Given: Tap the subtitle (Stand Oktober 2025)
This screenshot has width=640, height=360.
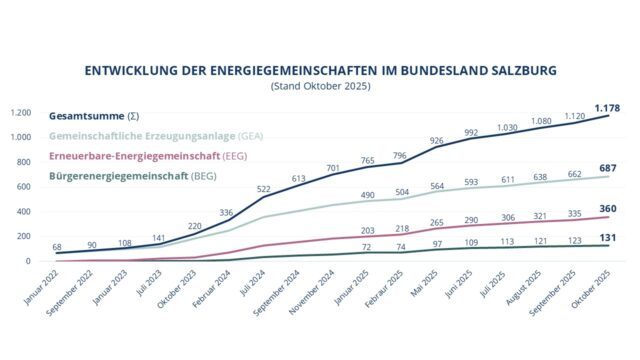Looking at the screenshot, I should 320,87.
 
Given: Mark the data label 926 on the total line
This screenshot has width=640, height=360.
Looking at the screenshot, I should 436,141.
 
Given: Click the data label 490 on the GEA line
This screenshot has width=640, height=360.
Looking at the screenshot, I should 368,195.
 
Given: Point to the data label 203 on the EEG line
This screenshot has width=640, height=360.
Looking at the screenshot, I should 368,230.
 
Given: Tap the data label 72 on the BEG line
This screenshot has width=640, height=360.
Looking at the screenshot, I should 368,246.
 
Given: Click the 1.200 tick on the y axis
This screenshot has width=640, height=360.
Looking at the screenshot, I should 21,112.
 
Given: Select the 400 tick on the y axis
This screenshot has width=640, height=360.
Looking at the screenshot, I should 25,211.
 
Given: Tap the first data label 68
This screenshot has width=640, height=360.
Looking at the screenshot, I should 56,247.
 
